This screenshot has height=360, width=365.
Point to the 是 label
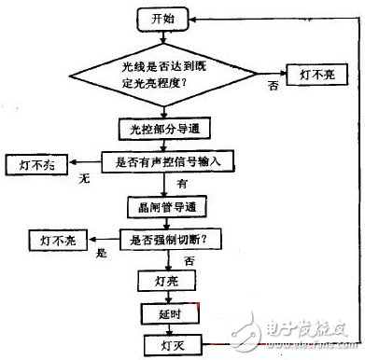coord(103,251)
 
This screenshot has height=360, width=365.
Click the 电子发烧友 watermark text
coord(308,331)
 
